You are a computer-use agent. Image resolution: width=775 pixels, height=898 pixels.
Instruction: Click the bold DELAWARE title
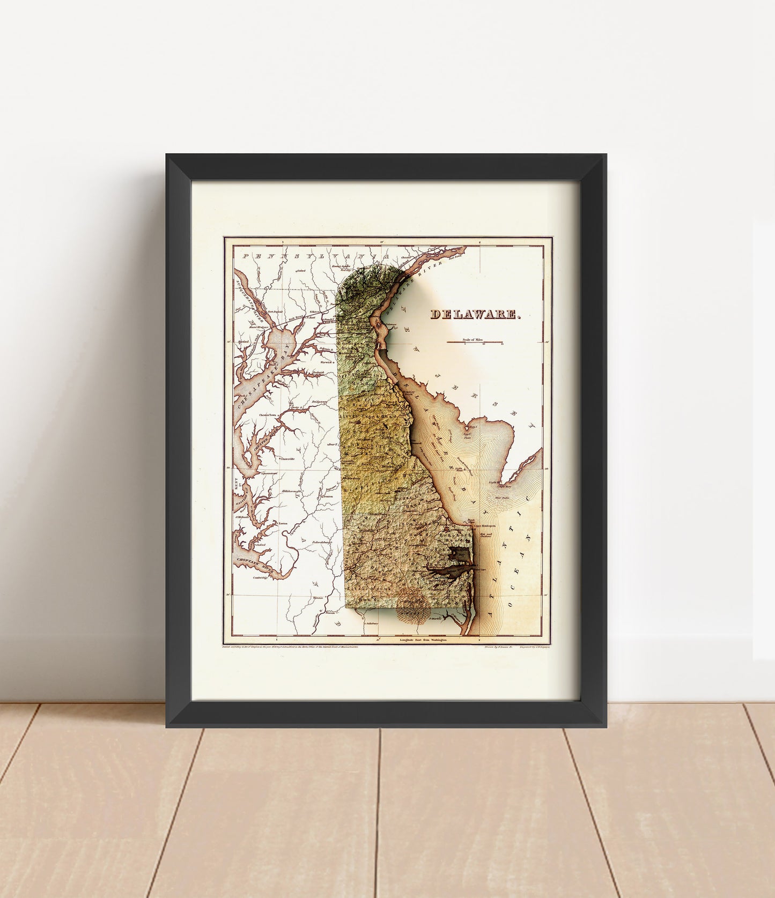tap(475, 315)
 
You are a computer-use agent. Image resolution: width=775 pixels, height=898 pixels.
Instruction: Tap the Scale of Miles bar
tap(475, 342)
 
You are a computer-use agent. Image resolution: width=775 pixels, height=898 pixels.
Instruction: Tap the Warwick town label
tap(320, 362)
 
